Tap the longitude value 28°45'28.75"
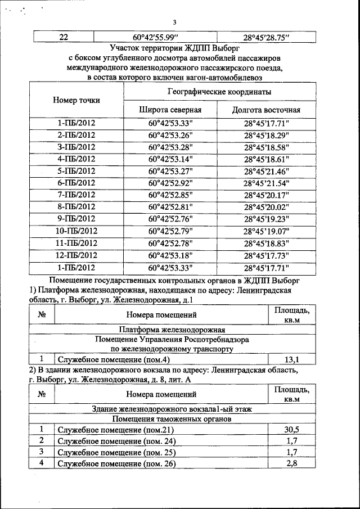pos(265,37)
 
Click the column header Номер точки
pos(76,100)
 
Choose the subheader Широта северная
pos(170,110)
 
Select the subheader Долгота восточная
pos(266,110)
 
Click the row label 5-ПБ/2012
pos(76,171)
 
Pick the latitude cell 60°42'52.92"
pos(170,183)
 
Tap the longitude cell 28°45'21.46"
pos(266,171)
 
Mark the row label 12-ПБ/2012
pos(76,255)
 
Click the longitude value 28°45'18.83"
pos(266,243)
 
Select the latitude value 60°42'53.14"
pos(170,159)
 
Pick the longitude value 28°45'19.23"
pos(266,219)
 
